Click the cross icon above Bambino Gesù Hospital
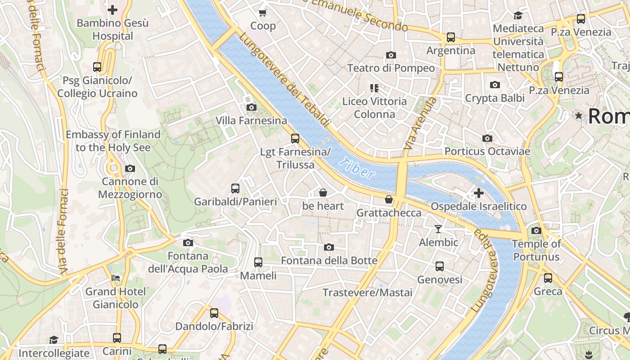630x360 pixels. pyautogui.click(x=112, y=9)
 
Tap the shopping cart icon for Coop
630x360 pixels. pyautogui.click(x=263, y=12)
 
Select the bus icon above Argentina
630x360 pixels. pyautogui.click(x=451, y=37)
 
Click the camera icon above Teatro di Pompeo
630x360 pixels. pyautogui.click(x=391, y=55)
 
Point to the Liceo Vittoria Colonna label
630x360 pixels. pyautogui.click(x=374, y=108)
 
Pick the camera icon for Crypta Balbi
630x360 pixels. pyautogui.click(x=495, y=85)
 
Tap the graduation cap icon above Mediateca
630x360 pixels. pyautogui.click(x=518, y=15)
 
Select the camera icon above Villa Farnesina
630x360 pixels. pyautogui.click(x=252, y=107)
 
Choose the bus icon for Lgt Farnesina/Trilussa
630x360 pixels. pyautogui.click(x=295, y=139)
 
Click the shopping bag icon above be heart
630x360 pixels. pyautogui.click(x=323, y=193)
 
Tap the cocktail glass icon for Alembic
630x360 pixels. pyautogui.click(x=438, y=229)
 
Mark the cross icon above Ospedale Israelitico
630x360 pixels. pyautogui.click(x=479, y=193)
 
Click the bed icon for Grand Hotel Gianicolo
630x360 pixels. pyautogui.click(x=116, y=278)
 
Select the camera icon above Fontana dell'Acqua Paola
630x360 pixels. pyautogui.click(x=188, y=243)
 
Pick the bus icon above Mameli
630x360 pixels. pyautogui.click(x=258, y=262)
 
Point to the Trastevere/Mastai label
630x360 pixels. pyautogui.click(x=367, y=292)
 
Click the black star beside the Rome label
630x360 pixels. pyautogui.click(x=579, y=116)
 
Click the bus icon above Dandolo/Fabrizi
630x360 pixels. pyautogui.click(x=214, y=313)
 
